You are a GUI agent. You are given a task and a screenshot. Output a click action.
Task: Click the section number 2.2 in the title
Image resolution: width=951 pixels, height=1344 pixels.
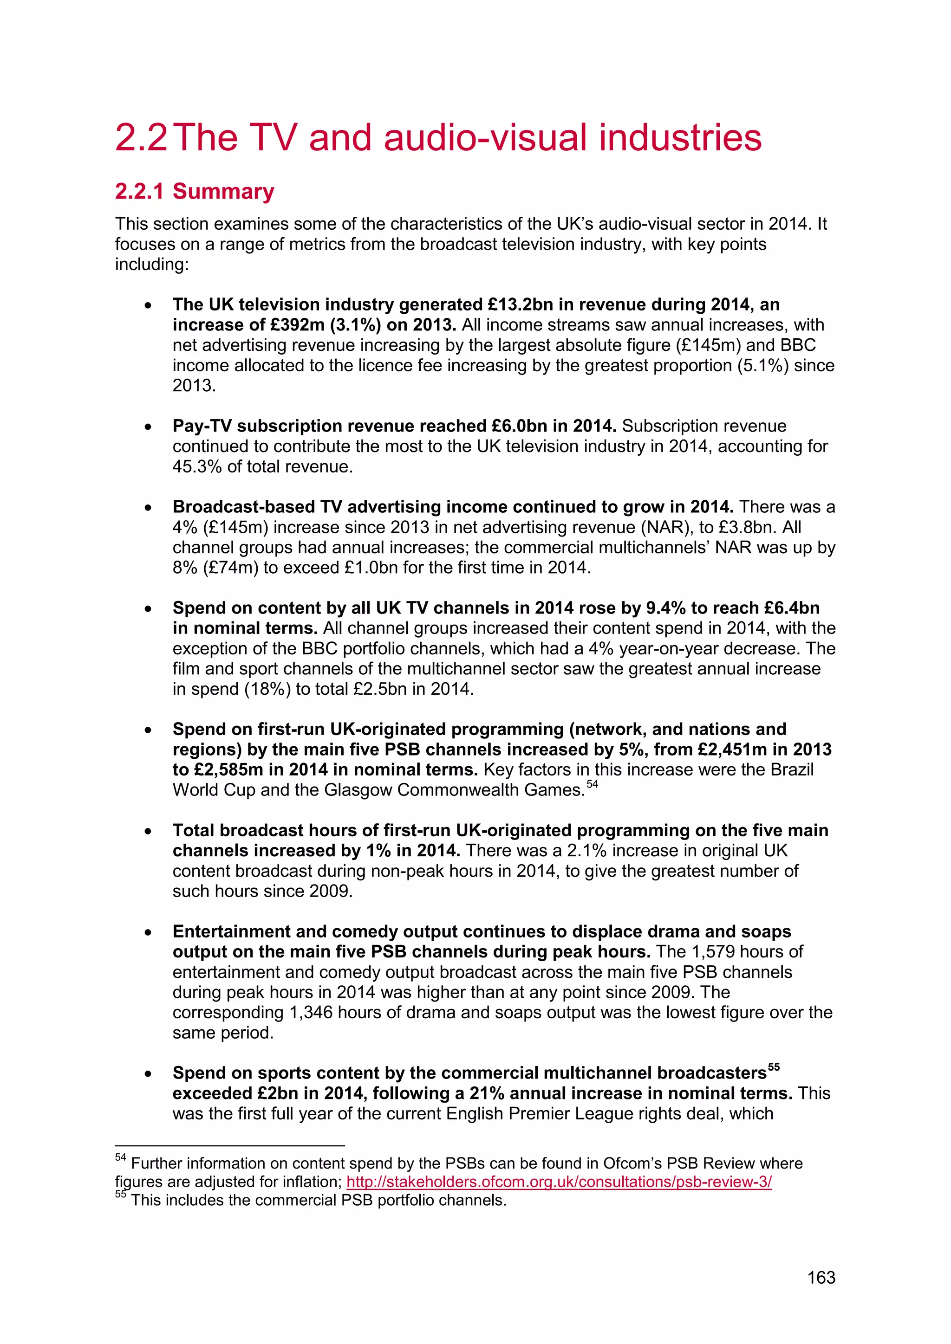(x=141, y=138)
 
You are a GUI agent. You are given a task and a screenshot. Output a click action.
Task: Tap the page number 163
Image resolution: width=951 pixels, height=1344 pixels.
(x=821, y=1277)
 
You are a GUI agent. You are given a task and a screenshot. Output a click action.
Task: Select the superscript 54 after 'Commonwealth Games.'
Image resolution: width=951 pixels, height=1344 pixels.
(x=592, y=784)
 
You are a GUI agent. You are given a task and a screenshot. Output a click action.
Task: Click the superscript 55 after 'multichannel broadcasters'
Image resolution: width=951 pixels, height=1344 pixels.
(x=774, y=1066)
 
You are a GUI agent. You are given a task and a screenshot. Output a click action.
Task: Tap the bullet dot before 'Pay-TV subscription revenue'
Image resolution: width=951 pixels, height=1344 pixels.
(x=149, y=427)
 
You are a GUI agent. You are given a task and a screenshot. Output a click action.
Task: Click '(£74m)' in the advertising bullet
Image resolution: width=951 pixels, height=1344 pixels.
(x=230, y=568)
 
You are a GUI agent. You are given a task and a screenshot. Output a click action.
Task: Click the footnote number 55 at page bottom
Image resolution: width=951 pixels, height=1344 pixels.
(x=120, y=1195)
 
